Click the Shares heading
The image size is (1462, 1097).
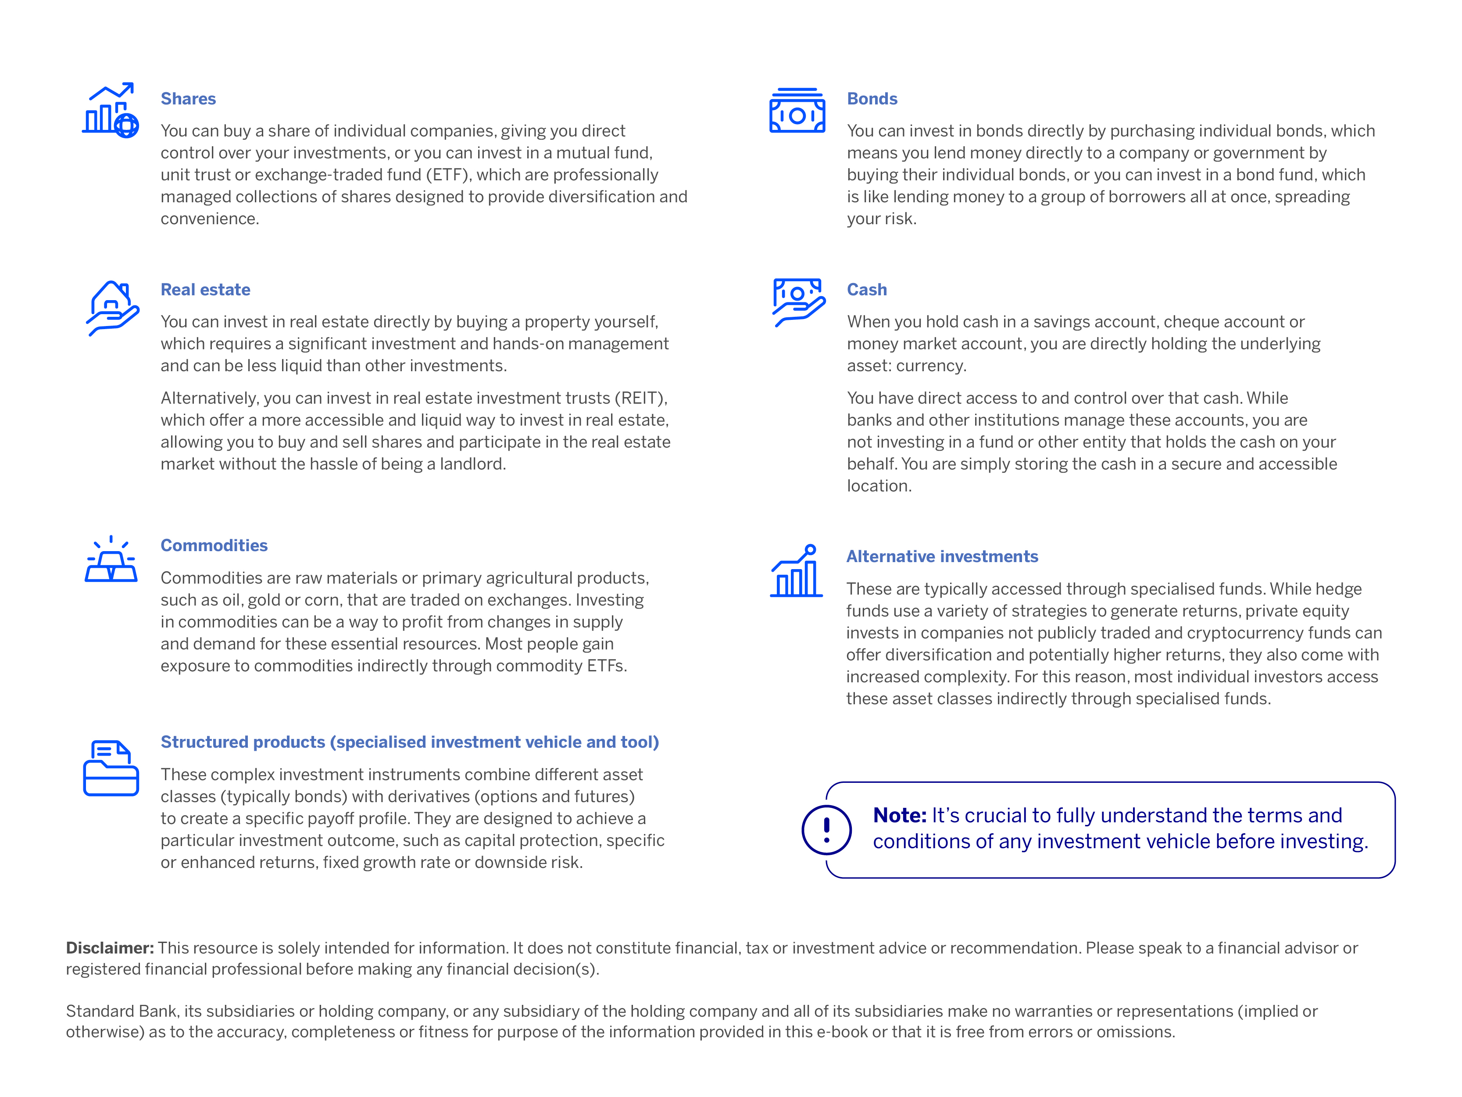point(188,99)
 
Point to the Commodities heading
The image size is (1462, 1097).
point(214,545)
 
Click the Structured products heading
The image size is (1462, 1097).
point(409,742)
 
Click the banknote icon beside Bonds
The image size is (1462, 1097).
point(797,111)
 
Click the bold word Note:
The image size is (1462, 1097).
point(900,815)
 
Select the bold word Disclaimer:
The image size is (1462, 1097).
point(110,948)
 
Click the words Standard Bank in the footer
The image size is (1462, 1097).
point(121,1011)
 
